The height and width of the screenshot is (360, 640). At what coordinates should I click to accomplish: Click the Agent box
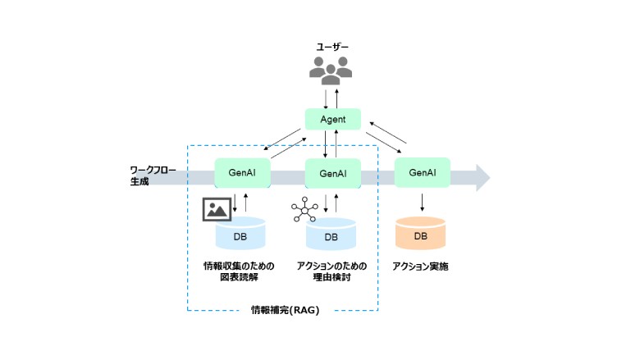(x=332, y=119)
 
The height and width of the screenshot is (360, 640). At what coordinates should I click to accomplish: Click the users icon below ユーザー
(x=331, y=70)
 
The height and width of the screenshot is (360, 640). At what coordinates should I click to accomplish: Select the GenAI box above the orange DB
(x=422, y=173)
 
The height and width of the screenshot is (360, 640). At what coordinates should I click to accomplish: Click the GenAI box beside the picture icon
(x=242, y=174)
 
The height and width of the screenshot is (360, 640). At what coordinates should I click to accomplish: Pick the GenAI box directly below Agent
(x=332, y=174)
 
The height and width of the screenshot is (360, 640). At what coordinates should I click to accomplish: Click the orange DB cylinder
(x=420, y=234)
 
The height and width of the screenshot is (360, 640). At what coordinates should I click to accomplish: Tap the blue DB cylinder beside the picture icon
(x=241, y=234)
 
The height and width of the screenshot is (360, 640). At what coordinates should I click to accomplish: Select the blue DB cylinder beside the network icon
(x=331, y=235)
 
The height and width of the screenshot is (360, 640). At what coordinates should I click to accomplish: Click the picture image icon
(x=216, y=210)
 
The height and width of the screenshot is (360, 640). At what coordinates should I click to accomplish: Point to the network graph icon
(x=304, y=211)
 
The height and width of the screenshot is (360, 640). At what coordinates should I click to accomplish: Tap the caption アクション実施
(x=420, y=267)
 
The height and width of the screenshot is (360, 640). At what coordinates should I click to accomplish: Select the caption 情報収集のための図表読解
(x=240, y=272)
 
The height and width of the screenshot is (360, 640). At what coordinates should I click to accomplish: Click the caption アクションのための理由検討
(x=331, y=272)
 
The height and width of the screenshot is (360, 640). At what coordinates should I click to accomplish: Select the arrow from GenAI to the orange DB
(x=422, y=202)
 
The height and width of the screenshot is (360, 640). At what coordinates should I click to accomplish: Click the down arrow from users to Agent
(x=326, y=98)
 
